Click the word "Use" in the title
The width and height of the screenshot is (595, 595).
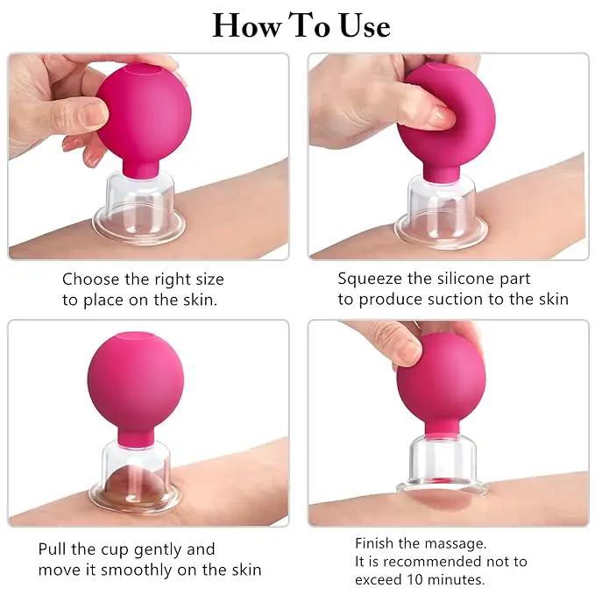click(365, 25)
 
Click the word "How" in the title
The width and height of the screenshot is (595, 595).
click(247, 25)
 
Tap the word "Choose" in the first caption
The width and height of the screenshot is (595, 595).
click(90, 280)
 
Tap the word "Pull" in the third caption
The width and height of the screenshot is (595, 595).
click(52, 549)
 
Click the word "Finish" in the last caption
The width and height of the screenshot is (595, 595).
click(374, 543)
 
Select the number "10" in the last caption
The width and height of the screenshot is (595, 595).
click(415, 580)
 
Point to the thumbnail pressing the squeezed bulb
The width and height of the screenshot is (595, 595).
click(442, 117)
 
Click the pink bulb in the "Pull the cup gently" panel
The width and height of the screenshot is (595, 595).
click(136, 389)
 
